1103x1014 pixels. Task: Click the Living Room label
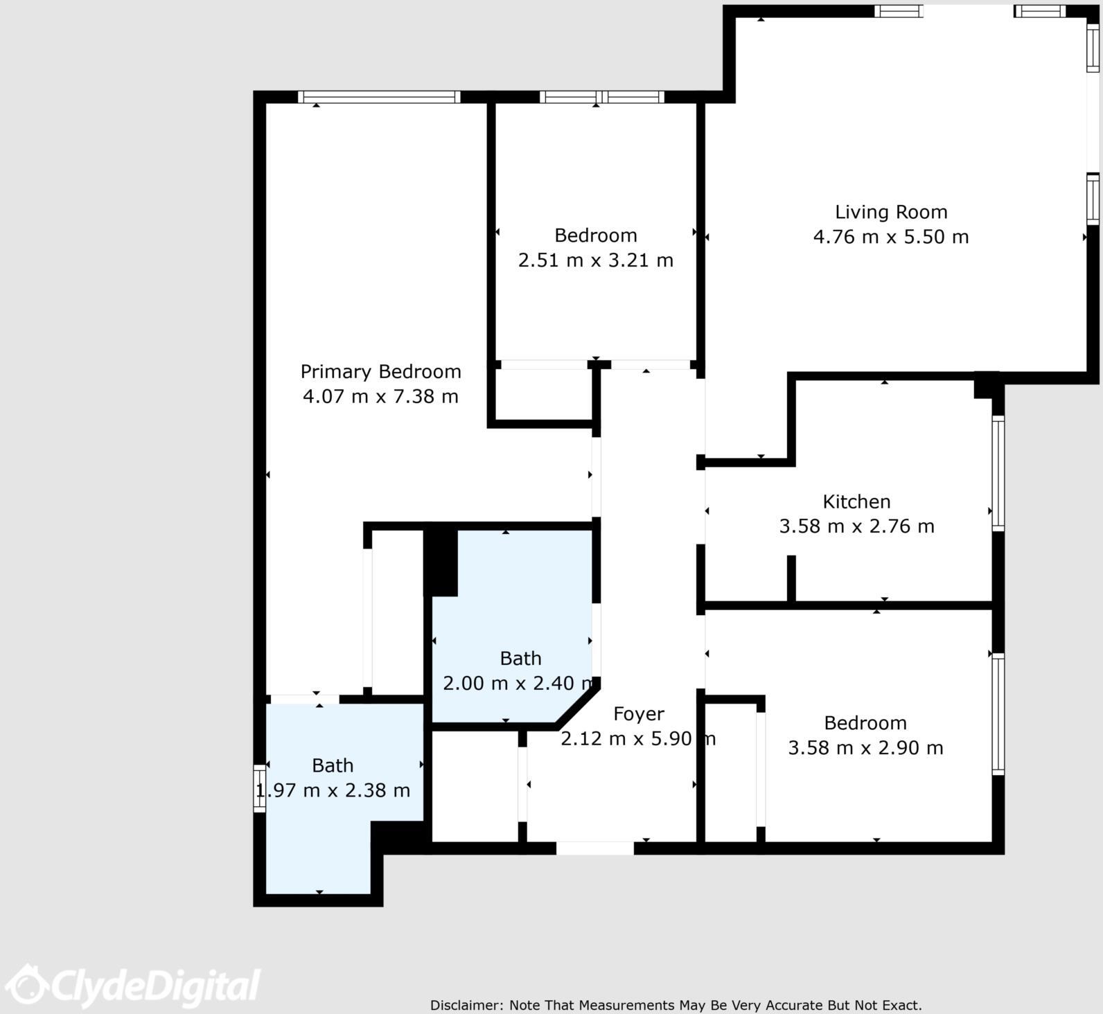pos(890,212)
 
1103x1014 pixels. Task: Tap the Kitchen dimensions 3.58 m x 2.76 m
pos(856,526)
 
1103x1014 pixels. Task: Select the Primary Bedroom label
pos(380,372)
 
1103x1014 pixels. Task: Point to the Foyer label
pos(638,714)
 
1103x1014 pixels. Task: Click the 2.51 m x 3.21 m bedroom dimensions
pos(595,260)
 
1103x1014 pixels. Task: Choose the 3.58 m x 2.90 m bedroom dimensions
pos(865,748)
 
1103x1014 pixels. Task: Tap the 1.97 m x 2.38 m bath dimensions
pos(333,790)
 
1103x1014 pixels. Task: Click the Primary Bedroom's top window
pos(379,97)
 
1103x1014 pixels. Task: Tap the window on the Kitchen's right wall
pos(998,473)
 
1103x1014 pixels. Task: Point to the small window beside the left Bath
pos(259,788)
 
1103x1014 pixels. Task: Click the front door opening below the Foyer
pos(594,848)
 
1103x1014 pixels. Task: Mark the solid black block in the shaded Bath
pos(441,562)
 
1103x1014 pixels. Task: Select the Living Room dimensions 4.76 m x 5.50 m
pos(890,237)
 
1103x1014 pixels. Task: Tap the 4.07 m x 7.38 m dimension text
pos(380,397)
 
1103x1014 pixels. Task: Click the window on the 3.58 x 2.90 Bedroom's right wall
pos(998,713)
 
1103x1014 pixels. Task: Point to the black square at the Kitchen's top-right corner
pos(986,385)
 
